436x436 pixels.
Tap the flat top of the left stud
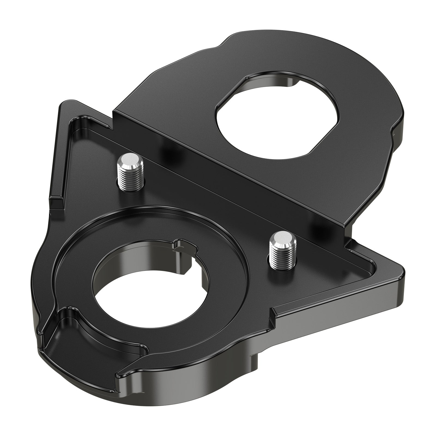(130, 161)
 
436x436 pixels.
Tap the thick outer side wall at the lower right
(327, 322)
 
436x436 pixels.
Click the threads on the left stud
(130, 178)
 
